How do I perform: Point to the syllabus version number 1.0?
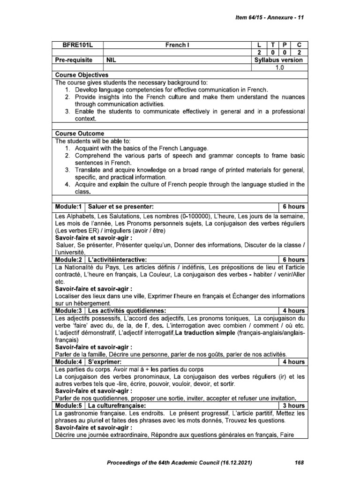click(x=279, y=67)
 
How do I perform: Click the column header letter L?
click(x=259, y=45)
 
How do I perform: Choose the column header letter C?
click(x=299, y=45)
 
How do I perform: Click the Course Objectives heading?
click(x=82, y=75)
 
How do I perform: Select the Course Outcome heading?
click(x=80, y=133)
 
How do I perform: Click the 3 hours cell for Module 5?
click(x=293, y=405)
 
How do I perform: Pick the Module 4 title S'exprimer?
click(x=105, y=362)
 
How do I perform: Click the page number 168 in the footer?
click(x=300, y=463)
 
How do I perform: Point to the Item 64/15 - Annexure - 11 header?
click(x=269, y=17)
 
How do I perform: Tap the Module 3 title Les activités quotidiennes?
click(x=127, y=311)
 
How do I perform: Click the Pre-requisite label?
click(x=76, y=60)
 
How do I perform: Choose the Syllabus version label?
click(x=278, y=60)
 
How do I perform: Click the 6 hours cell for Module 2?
click(x=293, y=260)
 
